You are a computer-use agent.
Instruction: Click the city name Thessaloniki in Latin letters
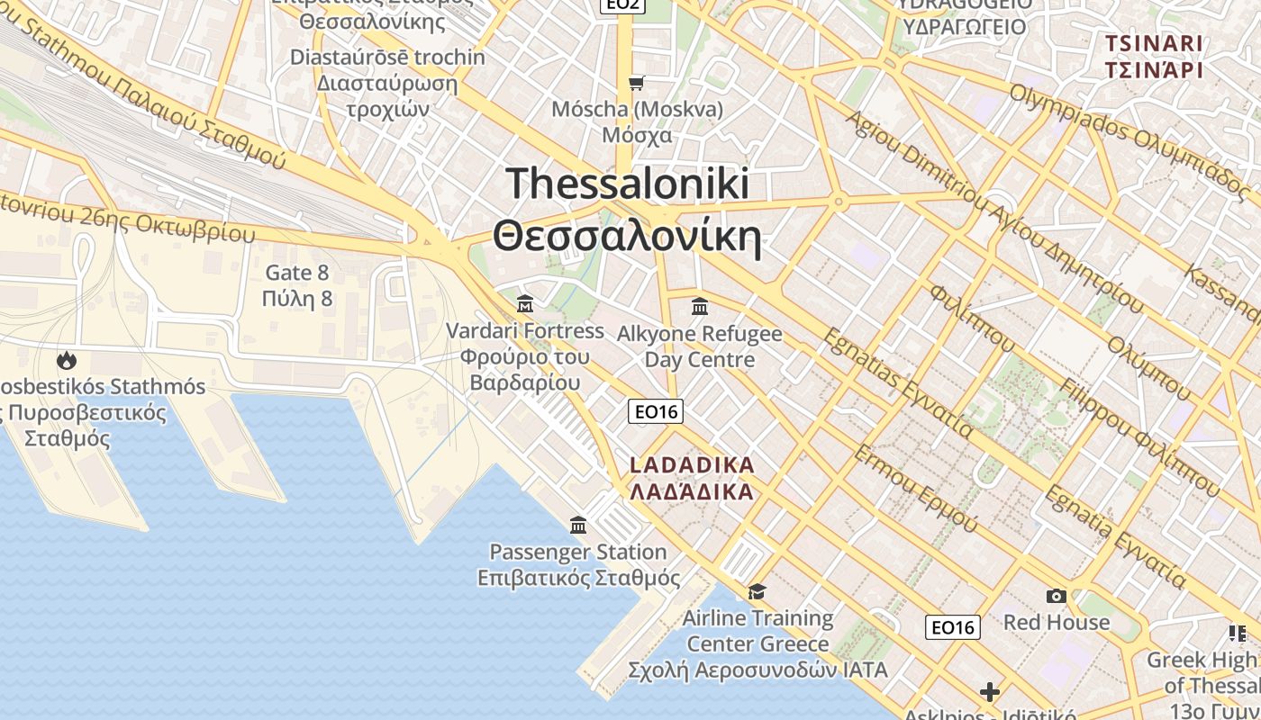pos(627,184)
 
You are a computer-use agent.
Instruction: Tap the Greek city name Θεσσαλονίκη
pos(627,237)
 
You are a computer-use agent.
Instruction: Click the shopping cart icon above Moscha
pos(637,84)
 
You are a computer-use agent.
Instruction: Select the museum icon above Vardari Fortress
pos(525,304)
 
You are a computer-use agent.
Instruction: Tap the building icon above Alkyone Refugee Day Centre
pos(700,307)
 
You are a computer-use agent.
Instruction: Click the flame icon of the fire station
pos(66,361)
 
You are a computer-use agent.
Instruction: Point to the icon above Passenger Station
pos(578,525)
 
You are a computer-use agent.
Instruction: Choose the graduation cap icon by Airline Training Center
pos(757,591)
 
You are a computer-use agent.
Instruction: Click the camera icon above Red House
pos(1056,596)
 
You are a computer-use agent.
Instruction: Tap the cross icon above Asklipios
pos(990,691)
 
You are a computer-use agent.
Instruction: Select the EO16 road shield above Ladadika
pos(655,411)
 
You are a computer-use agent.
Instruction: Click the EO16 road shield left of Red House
pos(952,627)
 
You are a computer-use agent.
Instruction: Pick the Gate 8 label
pos(297,273)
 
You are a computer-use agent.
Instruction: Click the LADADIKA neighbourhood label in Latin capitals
pos(692,465)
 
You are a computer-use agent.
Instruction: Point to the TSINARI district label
pos(1154,43)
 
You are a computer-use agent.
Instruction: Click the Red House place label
pos(1057,622)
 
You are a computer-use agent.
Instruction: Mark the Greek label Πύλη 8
pos(297,299)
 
